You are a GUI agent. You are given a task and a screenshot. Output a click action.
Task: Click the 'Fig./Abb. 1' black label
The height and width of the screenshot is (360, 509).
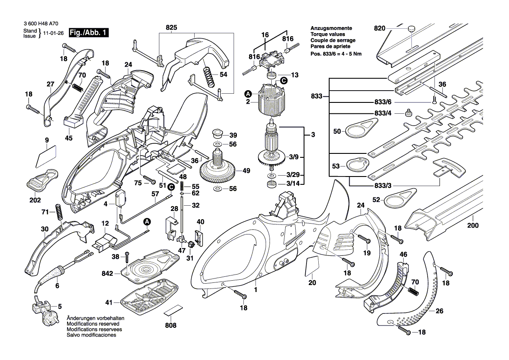89,33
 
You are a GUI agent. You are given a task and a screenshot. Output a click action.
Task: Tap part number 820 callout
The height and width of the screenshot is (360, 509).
380,29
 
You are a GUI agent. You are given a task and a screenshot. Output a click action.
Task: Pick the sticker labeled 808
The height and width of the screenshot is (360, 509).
171,312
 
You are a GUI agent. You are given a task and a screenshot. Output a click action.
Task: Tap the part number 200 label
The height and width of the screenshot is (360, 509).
472,226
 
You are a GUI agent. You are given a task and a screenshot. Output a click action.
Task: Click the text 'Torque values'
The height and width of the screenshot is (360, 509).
327,34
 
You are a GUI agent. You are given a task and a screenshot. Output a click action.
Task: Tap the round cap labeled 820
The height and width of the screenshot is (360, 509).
411,29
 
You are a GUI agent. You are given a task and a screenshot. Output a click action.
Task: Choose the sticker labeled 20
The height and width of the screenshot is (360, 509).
312,265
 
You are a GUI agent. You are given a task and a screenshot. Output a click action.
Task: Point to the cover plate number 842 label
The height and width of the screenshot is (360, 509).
107,274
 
